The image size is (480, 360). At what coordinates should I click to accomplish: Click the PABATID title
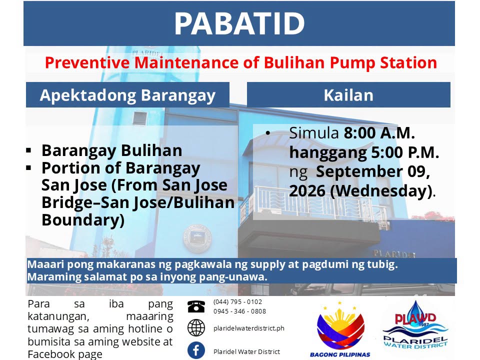[x=239, y=23]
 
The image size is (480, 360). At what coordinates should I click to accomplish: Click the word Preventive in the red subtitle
[x=87, y=63]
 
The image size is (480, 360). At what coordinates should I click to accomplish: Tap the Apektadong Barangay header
[x=127, y=95]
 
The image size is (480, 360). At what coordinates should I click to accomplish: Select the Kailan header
[x=348, y=95]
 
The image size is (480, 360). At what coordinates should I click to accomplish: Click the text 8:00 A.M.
[x=379, y=133]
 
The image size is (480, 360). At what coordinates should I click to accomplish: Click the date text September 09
[x=373, y=171]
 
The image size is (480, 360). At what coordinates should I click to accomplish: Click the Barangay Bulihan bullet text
[x=111, y=150]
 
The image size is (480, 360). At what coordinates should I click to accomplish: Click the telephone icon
[x=196, y=306]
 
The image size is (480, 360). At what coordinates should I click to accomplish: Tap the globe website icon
[x=196, y=328]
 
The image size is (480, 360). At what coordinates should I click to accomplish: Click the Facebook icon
[x=196, y=350]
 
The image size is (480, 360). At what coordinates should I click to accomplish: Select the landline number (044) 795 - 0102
[x=237, y=302]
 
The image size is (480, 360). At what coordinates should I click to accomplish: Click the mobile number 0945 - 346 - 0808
[x=239, y=311]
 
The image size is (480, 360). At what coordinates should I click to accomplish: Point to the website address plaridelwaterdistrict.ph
[x=249, y=328]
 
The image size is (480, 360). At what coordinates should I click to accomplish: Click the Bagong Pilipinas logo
[x=340, y=329]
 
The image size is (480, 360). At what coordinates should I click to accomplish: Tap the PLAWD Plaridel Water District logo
[x=415, y=325]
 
